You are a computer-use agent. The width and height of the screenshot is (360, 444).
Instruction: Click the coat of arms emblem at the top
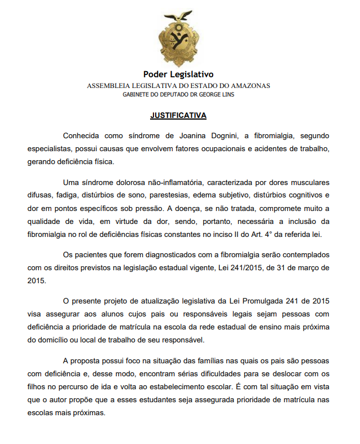(x=178, y=41)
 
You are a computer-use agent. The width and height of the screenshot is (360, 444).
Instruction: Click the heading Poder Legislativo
(x=178, y=74)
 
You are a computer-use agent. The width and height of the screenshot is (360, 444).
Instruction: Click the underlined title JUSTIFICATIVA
(x=178, y=116)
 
